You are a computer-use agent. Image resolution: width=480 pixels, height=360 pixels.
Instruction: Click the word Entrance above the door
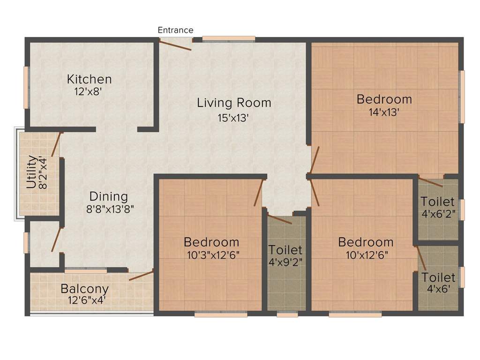175,30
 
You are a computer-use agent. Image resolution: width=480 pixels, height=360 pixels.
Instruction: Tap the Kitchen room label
89,79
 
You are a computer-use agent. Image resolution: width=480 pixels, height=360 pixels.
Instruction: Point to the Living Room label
234,103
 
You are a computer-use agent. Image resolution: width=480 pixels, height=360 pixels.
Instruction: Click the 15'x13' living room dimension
232,118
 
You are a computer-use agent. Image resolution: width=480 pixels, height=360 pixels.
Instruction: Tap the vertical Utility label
31,172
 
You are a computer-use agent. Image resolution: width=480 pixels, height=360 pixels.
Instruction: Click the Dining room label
109,196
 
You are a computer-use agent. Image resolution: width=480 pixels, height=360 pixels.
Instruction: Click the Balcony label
85,289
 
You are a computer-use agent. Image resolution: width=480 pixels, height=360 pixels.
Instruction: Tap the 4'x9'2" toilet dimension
285,262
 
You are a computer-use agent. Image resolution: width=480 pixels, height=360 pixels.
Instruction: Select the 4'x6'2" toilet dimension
437,215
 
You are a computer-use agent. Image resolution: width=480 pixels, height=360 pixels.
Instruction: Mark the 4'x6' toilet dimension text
438,289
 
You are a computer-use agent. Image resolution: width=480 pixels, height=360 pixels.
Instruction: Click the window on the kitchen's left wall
27,88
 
